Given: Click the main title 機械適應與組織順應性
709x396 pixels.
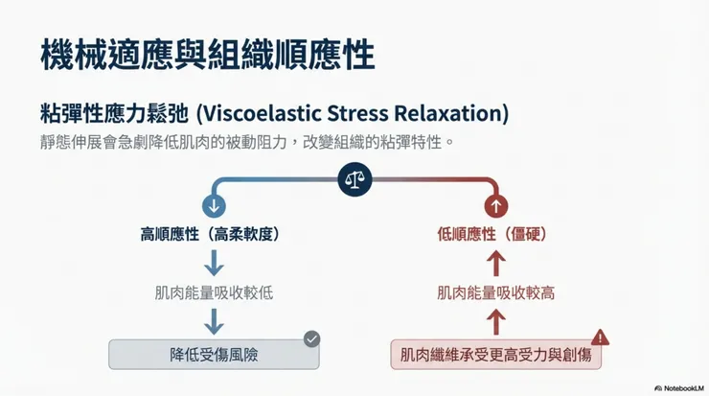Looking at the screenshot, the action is click(x=208, y=55).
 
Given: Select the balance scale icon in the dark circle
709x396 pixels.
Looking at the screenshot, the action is click(x=354, y=179).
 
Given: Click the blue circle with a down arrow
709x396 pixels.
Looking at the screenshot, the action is click(x=214, y=206).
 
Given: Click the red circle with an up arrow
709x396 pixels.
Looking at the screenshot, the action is click(x=496, y=206).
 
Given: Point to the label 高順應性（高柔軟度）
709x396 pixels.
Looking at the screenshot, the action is click(x=211, y=234).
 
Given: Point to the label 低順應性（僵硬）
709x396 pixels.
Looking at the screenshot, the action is click(x=492, y=234).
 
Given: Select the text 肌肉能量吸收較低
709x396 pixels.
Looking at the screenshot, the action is click(x=214, y=292).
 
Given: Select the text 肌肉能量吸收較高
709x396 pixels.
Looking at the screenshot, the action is click(x=496, y=292).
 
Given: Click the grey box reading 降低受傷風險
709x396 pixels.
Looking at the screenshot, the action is click(x=214, y=355).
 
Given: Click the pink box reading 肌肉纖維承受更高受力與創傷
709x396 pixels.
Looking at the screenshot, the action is click(x=496, y=355).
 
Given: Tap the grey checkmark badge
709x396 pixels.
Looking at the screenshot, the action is click(x=311, y=339).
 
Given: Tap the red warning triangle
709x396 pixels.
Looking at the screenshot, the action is click(x=600, y=338).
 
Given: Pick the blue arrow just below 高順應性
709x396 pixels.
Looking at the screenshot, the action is click(x=214, y=263).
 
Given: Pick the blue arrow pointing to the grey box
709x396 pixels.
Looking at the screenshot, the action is click(x=214, y=322).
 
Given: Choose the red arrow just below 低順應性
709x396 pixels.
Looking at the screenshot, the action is click(x=496, y=263).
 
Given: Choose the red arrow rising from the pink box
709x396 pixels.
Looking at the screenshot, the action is click(x=496, y=322).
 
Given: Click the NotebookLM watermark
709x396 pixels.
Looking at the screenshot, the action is click(x=679, y=388).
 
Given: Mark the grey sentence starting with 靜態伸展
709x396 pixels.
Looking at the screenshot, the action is click(x=247, y=142).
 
